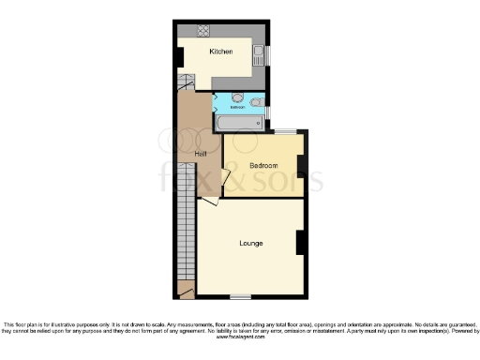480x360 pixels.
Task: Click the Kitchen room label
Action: point(221,52)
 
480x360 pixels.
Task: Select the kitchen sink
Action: point(257,53)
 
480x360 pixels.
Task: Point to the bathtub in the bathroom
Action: point(239,121)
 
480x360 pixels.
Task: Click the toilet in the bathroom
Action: point(256,100)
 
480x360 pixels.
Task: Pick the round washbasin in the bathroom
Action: point(238,97)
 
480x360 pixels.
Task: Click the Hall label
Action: point(201,154)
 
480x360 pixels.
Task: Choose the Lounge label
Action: point(250,244)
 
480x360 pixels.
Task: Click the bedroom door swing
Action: point(226,178)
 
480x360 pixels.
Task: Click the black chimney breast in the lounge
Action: point(300,243)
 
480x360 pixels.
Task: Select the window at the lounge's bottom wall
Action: point(240,295)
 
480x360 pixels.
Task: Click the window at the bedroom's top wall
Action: point(286,130)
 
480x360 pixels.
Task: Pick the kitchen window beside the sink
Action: point(266,54)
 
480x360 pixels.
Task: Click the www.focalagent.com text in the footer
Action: point(240,337)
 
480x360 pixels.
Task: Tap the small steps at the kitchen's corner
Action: point(185,83)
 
